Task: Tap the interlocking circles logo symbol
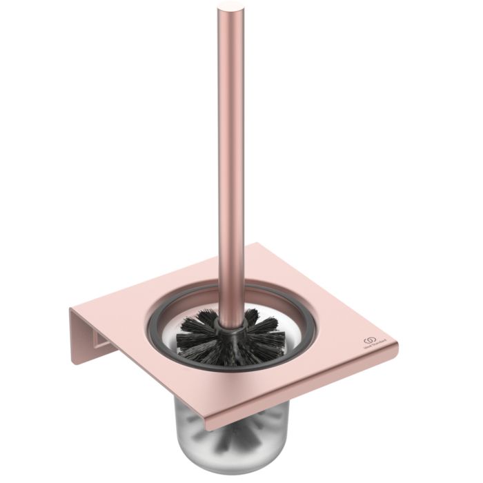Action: (x=369, y=342)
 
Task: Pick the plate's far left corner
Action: (x=71, y=308)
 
